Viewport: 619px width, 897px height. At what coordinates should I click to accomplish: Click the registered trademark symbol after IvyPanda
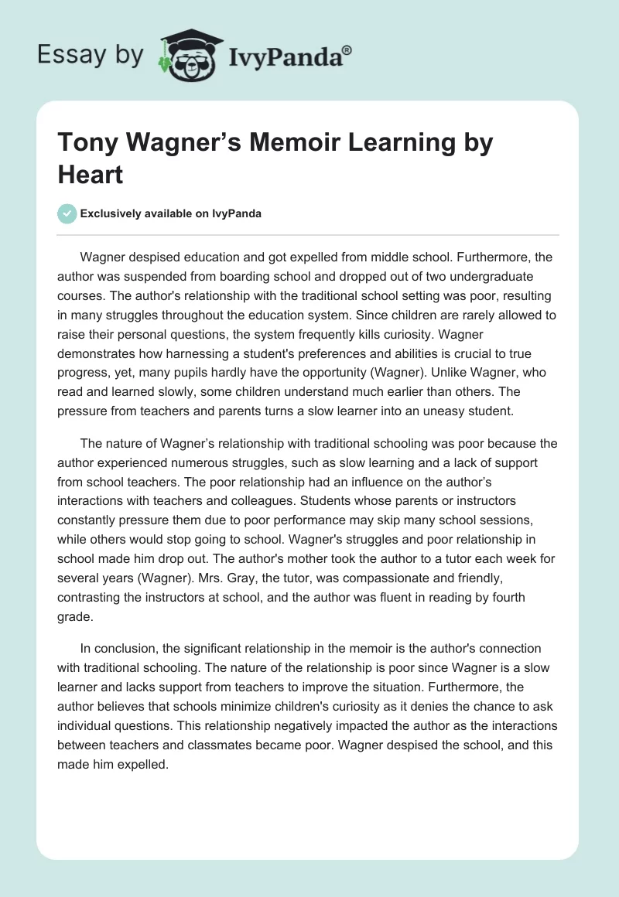tap(347, 49)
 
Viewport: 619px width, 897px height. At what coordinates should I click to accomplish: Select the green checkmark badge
tap(67, 213)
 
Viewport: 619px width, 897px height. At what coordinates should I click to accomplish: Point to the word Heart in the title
tap(91, 174)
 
